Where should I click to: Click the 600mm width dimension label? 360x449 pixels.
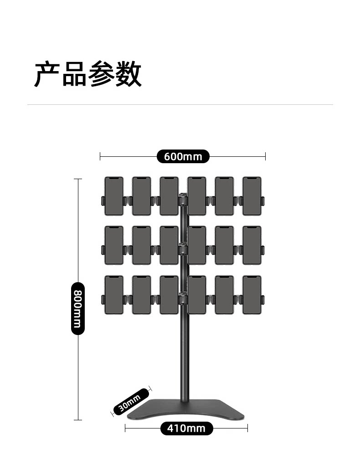pos(183,156)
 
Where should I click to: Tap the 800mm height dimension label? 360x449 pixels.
pos(78,308)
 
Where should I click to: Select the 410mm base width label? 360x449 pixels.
pos(186,428)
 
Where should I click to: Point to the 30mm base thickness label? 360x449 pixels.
pos(131,401)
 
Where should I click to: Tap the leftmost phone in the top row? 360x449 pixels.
pos(114,196)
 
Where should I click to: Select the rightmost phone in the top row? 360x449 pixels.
pos(252,196)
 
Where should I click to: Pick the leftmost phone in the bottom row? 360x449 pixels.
pos(114,294)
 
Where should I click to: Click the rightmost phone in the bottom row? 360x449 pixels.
pos(252,294)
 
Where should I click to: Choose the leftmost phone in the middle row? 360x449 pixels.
pos(114,245)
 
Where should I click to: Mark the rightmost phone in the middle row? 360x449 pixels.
pos(252,245)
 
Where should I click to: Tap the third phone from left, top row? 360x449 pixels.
pos(169,196)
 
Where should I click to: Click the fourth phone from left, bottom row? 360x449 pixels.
pos(196,294)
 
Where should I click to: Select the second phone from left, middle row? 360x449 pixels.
pos(141,245)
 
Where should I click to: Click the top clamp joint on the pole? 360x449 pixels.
pos(183,199)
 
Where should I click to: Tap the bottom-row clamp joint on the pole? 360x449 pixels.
pos(183,298)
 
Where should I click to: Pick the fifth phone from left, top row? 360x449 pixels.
pos(224,196)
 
